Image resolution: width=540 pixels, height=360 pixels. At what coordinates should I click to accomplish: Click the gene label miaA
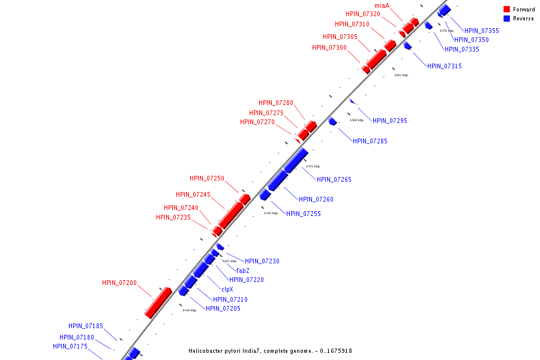pyautogui.click(x=382, y=5)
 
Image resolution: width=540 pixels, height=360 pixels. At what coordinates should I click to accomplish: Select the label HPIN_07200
pyautogui.click(x=119, y=283)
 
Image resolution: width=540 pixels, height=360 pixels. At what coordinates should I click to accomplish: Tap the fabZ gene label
pyautogui.click(x=242, y=271)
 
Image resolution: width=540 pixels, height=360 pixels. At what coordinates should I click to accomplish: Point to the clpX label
pyautogui.click(x=227, y=289)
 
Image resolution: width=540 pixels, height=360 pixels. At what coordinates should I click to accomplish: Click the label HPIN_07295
pyautogui.click(x=389, y=121)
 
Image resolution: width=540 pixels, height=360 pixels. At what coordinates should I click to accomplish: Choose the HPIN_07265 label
pyautogui.click(x=334, y=179)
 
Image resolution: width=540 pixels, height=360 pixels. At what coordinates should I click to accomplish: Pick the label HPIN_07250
pyautogui.click(x=207, y=178)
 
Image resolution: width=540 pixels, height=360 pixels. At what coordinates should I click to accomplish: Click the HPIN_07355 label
pyautogui.click(x=482, y=31)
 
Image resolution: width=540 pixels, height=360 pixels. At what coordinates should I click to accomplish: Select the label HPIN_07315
pyautogui.click(x=445, y=66)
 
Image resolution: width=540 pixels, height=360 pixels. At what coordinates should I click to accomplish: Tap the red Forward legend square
pyautogui.click(x=507, y=10)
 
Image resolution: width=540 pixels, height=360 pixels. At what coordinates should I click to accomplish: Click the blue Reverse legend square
pyautogui.click(x=507, y=19)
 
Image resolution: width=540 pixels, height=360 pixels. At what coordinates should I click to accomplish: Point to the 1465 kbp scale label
pyautogui.click(x=401, y=75)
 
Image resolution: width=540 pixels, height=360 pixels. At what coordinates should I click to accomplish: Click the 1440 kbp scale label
pyautogui.click(x=189, y=310)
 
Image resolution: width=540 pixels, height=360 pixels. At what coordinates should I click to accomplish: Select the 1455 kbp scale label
pyautogui.click(x=313, y=166)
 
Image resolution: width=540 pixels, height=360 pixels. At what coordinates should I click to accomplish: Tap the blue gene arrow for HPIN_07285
pyautogui.click(x=332, y=122)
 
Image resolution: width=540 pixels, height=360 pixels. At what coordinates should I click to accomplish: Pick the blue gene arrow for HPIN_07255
pyautogui.click(x=265, y=194)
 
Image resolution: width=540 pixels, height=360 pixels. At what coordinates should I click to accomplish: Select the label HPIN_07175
pyautogui.click(x=70, y=346)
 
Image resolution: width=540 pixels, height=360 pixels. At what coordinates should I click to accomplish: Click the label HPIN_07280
pyautogui.click(x=276, y=103)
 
